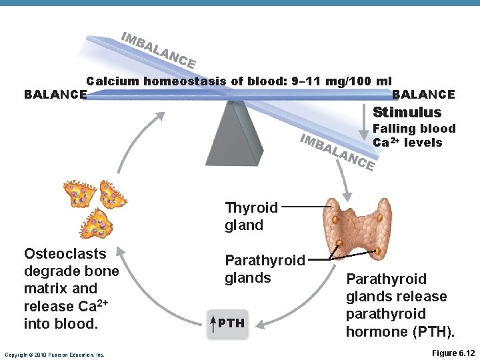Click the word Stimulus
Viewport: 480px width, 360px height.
coord(407,112)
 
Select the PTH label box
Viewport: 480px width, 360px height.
coord(227,324)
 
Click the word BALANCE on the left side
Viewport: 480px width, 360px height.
coord(55,95)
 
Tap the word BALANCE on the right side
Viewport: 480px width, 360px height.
coord(423,95)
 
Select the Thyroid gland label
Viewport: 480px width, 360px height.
coord(251,217)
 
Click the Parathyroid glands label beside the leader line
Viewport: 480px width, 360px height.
coord(265,269)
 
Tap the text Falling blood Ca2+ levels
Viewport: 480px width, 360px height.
coord(413,135)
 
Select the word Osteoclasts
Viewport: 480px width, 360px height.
coord(65,253)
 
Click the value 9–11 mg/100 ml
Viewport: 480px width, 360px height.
coord(339,81)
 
